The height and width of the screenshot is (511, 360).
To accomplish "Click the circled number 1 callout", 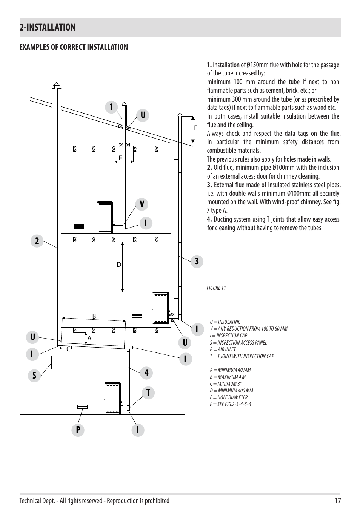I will (112, 107).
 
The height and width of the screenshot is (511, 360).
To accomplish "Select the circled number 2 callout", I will (37, 241).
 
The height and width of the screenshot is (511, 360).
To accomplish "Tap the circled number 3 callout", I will (197, 261).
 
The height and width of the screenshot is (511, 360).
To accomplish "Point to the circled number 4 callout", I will (146, 373).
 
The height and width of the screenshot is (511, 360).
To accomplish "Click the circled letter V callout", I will (142, 204).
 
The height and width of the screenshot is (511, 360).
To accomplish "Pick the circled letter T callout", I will (148, 392).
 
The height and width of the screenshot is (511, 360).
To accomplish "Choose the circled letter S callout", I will (34, 376).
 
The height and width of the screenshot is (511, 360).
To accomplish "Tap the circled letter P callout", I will (78, 430).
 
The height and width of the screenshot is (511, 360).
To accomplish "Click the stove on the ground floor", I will (112, 399).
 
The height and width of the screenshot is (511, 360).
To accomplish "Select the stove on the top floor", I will (106, 217).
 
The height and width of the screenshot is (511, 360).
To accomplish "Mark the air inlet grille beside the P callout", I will (82, 407).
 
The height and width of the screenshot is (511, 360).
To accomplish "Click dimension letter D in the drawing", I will (119, 265).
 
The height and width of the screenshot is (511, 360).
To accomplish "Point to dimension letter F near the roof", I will (196, 128).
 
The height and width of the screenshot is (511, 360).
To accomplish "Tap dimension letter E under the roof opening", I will (120, 158).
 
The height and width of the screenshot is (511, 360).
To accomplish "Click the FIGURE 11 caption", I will (216, 288).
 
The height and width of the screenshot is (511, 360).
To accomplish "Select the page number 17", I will (337, 501).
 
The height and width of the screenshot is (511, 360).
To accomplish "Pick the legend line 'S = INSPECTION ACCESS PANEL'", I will (238, 343).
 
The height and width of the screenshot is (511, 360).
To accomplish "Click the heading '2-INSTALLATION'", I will (48, 27).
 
